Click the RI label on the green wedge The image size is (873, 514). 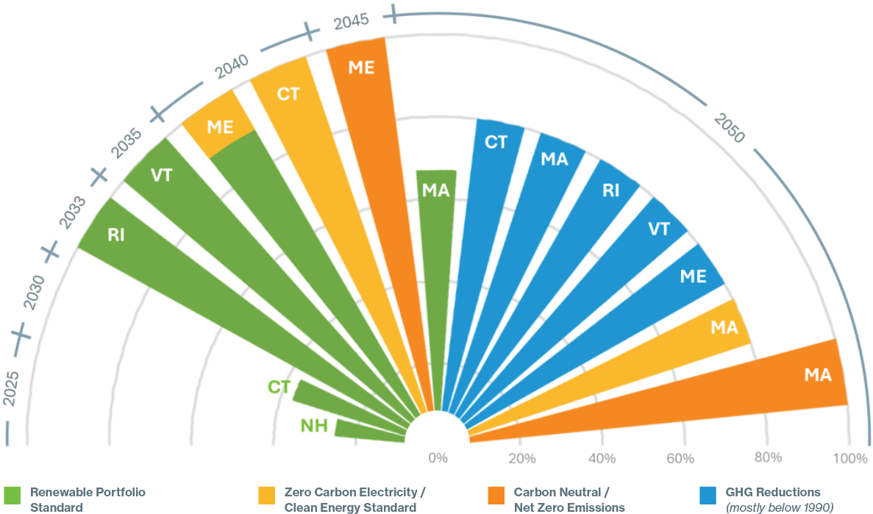(115, 235)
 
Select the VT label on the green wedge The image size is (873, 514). (161, 175)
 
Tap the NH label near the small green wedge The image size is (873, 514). (314, 425)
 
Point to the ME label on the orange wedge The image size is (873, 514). (361, 68)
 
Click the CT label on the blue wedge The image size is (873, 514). (496, 142)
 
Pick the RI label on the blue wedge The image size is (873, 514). (610, 190)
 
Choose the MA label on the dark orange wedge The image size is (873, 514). (817, 375)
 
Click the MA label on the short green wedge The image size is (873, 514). (436, 190)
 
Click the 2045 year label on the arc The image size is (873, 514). (351, 21)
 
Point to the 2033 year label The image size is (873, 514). (71, 213)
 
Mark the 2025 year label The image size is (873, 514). (13, 388)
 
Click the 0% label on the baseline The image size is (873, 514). (438, 459)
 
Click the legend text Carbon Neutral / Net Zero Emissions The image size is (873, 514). (569, 499)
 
